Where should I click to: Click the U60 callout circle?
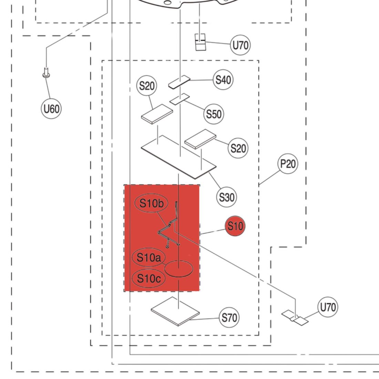[x=51, y=109]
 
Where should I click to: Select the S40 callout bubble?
[x=223, y=80]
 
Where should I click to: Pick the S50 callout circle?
[x=214, y=114]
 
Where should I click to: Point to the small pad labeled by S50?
[x=180, y=99]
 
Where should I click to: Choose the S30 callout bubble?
[x=226, y=197]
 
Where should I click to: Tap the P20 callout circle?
[x=288, y=164]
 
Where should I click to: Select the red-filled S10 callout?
[x=235, y=226]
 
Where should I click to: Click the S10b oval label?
[x=151, y=204]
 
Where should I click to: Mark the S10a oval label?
[x=149, y=257]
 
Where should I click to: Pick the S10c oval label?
[x=149, y=278]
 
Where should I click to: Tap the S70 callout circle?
[x=229, y=317]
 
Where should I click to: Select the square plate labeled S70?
[x=175, y=312]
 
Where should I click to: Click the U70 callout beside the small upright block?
[x=240, y=45]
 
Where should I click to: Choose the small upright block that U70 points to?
[x=200, y=42]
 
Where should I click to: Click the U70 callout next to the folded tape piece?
[x=327, y=307]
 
